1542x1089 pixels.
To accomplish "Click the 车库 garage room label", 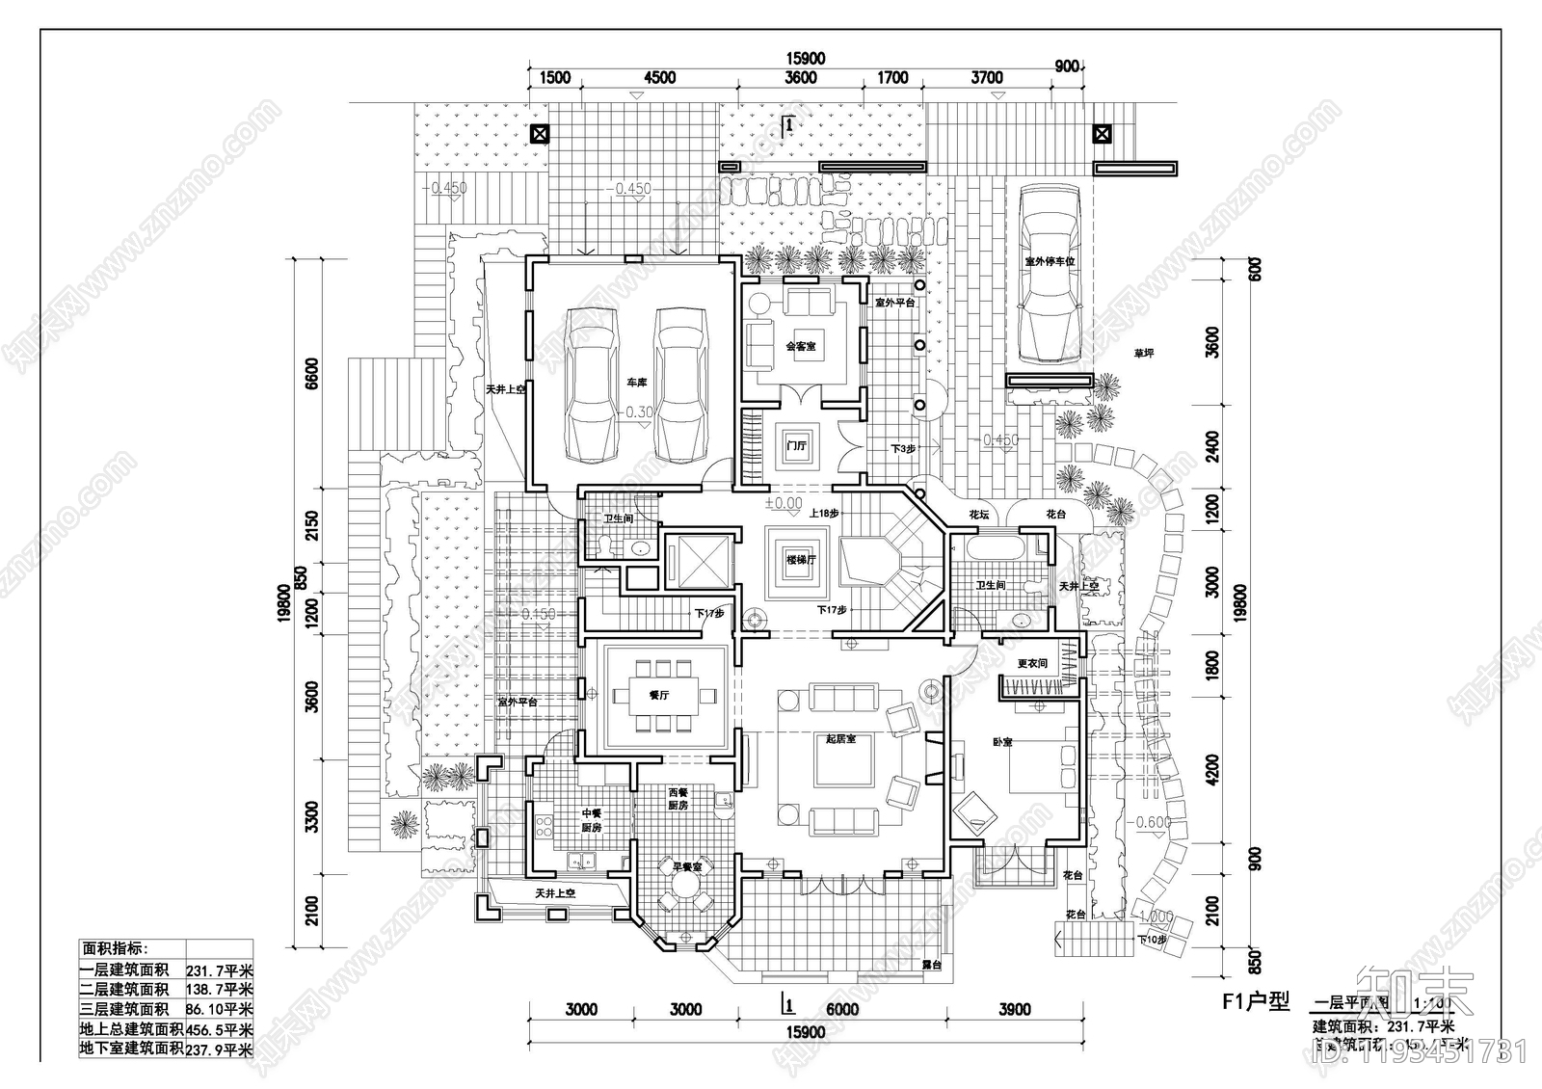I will pos(636,383).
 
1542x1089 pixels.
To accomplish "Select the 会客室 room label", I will pos(801,346).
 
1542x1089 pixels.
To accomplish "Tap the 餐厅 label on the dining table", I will pos(659,695).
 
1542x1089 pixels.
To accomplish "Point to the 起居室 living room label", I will pos(840,739).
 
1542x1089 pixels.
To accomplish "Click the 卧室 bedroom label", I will pos(1002,742).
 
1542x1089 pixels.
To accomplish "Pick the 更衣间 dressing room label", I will pos(1032,664).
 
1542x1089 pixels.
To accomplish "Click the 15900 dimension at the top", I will pos(806,59).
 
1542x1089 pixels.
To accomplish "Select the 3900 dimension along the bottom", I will pos(1014,1009).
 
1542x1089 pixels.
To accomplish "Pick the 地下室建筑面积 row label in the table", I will pos(131,1048).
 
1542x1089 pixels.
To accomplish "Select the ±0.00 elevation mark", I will pos(783,503).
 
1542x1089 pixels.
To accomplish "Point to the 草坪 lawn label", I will pos(1143,354).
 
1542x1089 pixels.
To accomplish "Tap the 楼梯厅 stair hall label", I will pos(800,560).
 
